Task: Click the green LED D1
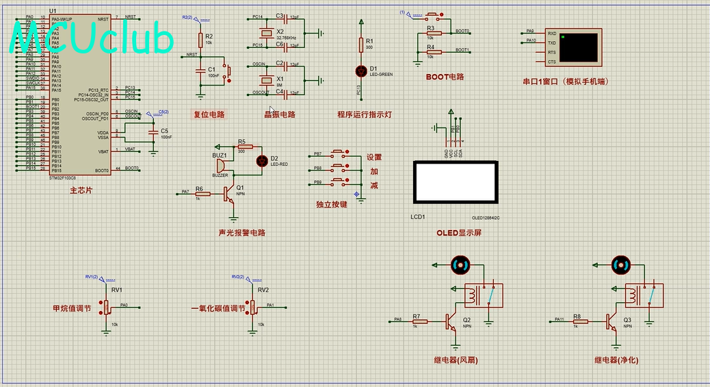tap(361, 71)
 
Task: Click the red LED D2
tap(261, 160)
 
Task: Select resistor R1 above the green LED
tap(361, 45)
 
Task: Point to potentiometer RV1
tap(107, 307)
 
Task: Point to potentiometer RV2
tap(252, 307)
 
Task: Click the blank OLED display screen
tap(455, 182)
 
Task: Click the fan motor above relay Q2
tap(460, 264)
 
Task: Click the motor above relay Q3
tap(620, 264)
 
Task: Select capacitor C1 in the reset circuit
tap(200, 71)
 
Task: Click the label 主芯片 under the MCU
tap(81, 190)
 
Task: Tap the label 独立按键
tap(331, 204)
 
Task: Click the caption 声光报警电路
tap(241, 233)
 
